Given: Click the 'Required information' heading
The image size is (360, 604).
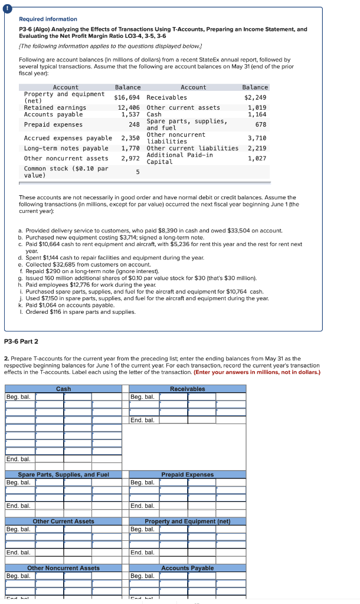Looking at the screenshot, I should (48, 19).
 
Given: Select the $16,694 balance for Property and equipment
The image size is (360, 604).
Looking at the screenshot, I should (127, 97).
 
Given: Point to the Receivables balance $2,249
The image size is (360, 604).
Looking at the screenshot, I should (256, 97).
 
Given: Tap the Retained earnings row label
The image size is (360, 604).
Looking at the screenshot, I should (55, 107).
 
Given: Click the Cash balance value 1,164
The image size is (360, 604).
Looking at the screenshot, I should (257, 114).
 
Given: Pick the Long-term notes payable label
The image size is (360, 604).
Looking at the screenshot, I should (66, 148).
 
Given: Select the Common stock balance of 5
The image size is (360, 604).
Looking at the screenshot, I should (137, 172).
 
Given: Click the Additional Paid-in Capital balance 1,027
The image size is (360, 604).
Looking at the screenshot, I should (257, 158).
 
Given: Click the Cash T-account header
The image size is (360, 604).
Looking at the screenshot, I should (64, 389).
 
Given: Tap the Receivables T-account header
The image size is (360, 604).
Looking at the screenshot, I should (187, 389).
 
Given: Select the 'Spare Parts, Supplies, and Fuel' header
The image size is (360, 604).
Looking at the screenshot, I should (64, 475).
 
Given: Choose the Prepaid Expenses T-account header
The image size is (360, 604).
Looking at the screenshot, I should (187, 475).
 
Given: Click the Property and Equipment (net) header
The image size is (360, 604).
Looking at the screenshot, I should (187, 521).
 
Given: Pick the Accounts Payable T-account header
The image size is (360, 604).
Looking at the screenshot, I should (187, 568).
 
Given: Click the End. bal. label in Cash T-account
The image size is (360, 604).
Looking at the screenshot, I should (19, 459).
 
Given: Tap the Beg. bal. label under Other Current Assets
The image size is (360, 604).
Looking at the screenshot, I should (19, 529).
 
